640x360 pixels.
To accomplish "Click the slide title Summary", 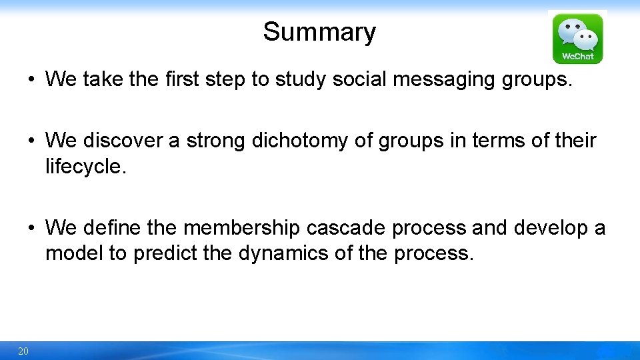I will tap(319, 32).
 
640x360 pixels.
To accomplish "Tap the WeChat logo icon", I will tap(577, 38).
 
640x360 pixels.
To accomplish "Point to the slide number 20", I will tap(23, 351).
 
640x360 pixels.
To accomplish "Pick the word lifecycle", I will tap(85, 167).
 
